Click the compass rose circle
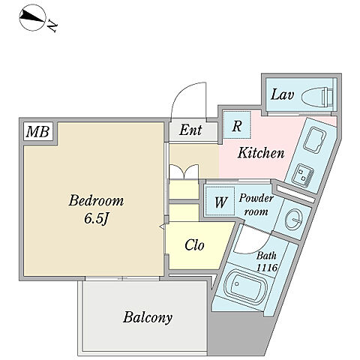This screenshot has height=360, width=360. [x=32, y=18]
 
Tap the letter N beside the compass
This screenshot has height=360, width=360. [x=52, y=26]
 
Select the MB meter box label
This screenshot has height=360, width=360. [x=38, y=132]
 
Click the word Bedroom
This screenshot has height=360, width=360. [x=96, y=201]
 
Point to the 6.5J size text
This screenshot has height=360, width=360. [x=97, y=219]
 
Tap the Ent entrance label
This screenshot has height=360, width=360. [x=190, y=130]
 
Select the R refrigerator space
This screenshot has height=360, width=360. [x=237, y=124]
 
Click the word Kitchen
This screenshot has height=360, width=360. [x=261, y=153]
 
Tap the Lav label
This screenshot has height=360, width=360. [x=282, y=94]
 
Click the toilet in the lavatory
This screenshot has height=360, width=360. [x=317, y=97]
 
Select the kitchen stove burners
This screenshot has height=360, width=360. [x=303, y=174]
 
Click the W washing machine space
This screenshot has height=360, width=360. [x=220, y=202]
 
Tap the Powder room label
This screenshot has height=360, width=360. [x=256, y=205]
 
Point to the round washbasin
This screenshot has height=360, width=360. [x=294, y=219]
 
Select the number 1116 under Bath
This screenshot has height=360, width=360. [x=267, y=268]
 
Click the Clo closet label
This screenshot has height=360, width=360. [x=194, y=245]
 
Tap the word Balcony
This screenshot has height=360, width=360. [x=148, y=317]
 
